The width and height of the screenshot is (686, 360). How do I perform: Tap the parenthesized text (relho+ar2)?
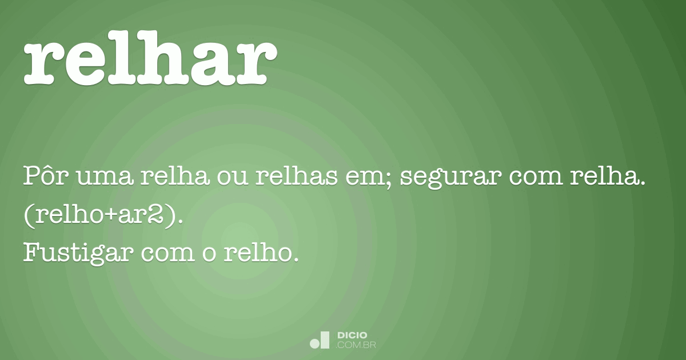click(x=102, y=215)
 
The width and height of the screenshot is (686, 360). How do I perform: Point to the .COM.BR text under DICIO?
click(x=357, y=345)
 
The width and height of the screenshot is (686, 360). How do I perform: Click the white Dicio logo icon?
click(x=320, y=340)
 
